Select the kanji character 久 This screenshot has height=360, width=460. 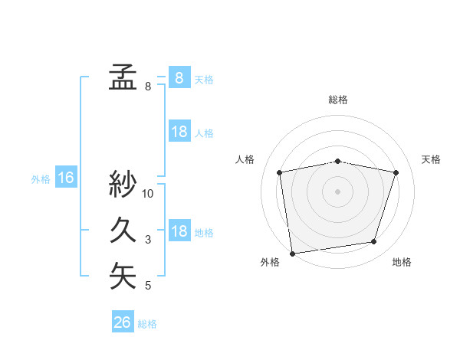tap(123, 230)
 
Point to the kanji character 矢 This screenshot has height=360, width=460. tap(123, 276)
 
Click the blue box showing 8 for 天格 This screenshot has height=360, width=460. tap(179, 77)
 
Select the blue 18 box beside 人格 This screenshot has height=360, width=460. tap(179, 132)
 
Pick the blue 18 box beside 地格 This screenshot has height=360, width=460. tap(179, 231)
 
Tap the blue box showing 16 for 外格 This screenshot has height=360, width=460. tap(66, 178)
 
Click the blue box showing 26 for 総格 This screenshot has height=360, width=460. tap(123, 322)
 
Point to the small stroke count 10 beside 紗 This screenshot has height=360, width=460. tap(148, 194)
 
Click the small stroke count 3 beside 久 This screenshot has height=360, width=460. tap(148, 240)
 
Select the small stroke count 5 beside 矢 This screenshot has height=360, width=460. tap(148, 286)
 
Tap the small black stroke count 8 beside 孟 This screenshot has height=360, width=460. tap(148, 87)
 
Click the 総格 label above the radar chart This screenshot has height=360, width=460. tap(338, 100)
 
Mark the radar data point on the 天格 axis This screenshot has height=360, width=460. tap(396, 172)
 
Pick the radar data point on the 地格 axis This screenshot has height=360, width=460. tap(374, 242)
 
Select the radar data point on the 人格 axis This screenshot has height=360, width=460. tap(280, 172)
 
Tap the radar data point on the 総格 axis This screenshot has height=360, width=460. tap(338, 161)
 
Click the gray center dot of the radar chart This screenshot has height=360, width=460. tap(338, 191)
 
